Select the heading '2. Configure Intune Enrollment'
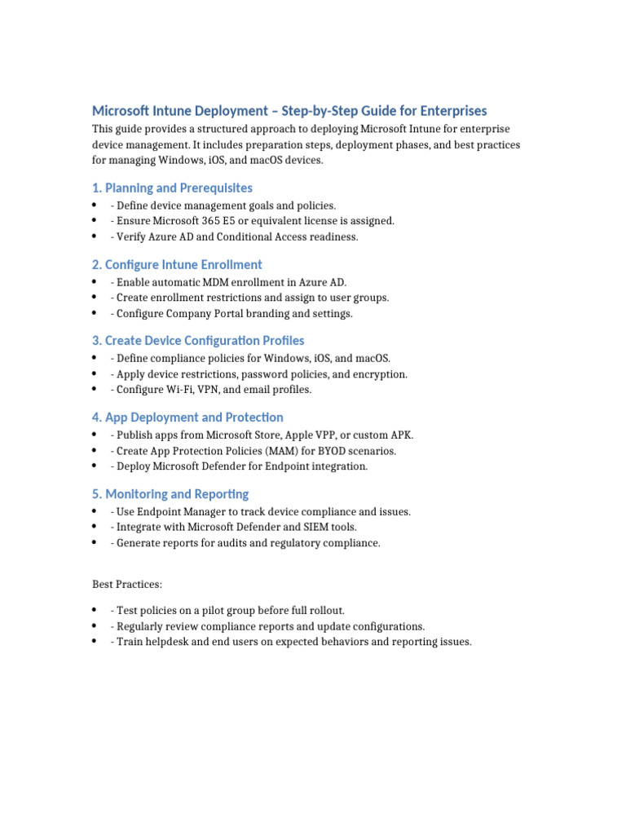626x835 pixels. [177, 264]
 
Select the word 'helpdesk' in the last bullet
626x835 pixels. [166, 643]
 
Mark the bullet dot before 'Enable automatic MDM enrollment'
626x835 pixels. [95, 281]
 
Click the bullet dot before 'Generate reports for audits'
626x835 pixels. [95, 543]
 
